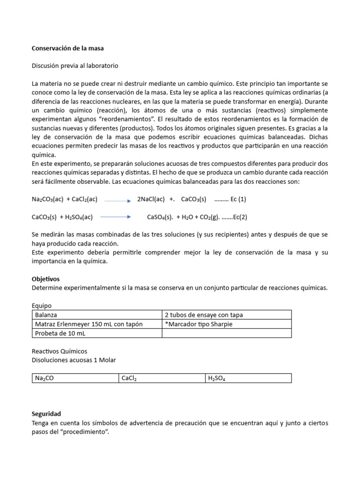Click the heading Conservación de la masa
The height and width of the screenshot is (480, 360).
coord(67,48)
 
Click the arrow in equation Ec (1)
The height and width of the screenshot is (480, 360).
coord(117,200)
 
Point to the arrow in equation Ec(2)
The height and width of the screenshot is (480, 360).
coord(115,217)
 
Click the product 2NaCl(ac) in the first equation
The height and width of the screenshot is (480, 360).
coord(151,199)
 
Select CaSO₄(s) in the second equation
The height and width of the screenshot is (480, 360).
coord(160,217)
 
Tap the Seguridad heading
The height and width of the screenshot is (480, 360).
coord(46,414)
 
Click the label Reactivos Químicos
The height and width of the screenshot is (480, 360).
coord(59,351)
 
